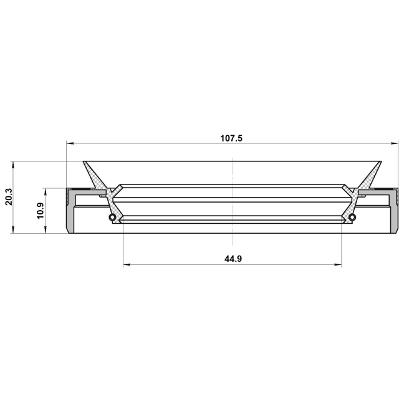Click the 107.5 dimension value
231,138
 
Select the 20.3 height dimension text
9,197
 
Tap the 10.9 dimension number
40,211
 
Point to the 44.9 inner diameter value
233,259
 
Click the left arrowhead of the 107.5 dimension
70,143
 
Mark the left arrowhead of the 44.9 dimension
127,264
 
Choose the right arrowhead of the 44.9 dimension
338,264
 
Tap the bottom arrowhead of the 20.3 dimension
13,229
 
